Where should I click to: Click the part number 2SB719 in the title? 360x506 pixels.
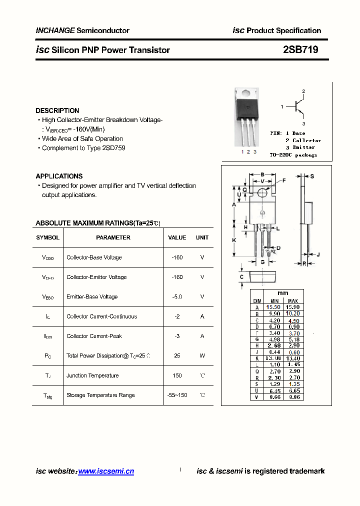pyautogui.click(x=300, y=50)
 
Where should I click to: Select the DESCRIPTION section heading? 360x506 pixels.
pyautogui.click(x=57, y=110)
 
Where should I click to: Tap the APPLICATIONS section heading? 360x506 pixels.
pyautogui.click(x=59, y=176)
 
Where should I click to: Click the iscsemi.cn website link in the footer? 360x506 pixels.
pyautogui.click(x=106, y=471)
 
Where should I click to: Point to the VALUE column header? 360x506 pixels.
pyautogui.click(x=177, y=237)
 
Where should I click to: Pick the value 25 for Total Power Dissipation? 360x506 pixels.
pyautogui.click(x=177, y=355)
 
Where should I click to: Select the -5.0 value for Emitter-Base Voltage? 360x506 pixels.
pyautogui.click(x=177, y=296)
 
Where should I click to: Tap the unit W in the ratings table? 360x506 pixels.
pyautogui.click(x=202, y=355)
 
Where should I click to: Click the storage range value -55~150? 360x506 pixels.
pyautogui.click(x=177, y=395)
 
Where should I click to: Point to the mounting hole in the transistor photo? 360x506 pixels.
pyautogui.click(x=247, y=93)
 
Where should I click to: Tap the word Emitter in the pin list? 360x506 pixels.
pyautogui.click(x=303, y=147)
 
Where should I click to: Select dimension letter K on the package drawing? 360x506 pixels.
pyautogui.click(x=234, y=240)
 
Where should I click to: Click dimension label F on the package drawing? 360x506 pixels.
pyautogui.click(x=284, y=180)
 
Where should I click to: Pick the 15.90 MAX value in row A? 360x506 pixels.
pyautogui.click(x=292, y=307)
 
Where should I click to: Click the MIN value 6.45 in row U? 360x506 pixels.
pyautogui.click(x=273, y=390)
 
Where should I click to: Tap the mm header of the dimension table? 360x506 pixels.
pyautogui.click(x=282, y=293)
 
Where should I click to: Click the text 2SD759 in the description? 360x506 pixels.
pyautogui.click(x=113, y=148)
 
